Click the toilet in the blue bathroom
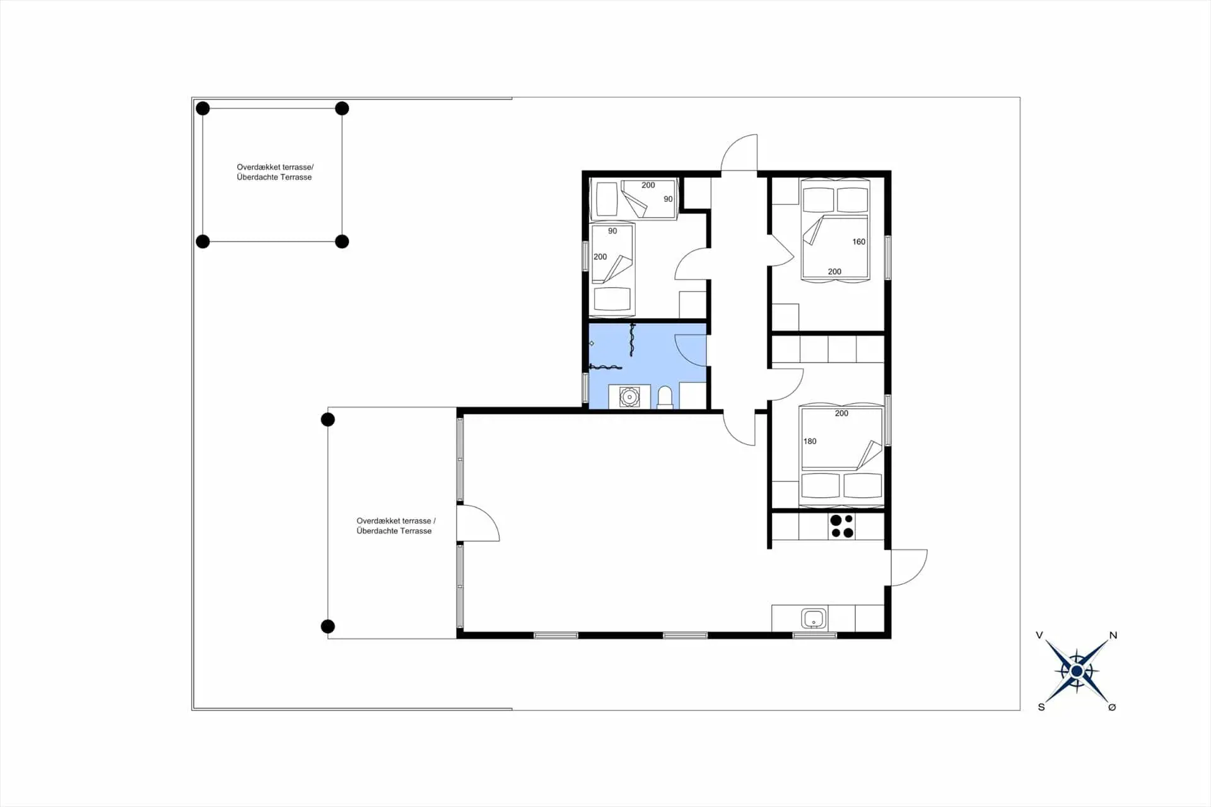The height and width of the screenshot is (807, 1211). (x=665, y=397)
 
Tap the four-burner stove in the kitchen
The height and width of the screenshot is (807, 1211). (x=841, y=526)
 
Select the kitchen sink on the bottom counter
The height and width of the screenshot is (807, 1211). (x=814, y=618)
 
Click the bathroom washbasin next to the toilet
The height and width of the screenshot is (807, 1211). (x=629, y=397)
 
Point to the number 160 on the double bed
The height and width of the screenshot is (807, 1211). (x=858, y=242)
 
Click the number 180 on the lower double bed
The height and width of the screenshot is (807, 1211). (x=810, y=441)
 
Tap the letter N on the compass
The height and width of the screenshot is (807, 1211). (x=1113, y=635)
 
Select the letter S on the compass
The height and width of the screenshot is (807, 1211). (x=1041, y=707)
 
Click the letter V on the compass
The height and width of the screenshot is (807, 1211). (x=1039, y=635)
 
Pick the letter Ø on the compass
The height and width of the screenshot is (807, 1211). (x=1112, y=707)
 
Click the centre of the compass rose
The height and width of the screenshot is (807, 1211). (x=1077, y=671)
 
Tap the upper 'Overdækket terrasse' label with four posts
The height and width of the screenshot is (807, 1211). (x=274, y=167)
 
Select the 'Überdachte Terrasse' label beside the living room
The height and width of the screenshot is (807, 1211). (x=394, y=531)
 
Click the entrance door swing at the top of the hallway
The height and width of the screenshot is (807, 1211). (x=740, y=153)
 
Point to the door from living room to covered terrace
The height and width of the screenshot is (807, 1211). (x=477, y=524)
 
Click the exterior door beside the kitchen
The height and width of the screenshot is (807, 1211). (x=908, y=567)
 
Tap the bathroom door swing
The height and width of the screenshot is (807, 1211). (x=691, y=350)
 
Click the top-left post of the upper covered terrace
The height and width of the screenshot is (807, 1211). (x=202, y=109)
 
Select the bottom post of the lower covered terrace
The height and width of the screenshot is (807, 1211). (x=327, y=626)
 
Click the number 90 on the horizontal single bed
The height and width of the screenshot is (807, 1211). (x=668, y=199)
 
